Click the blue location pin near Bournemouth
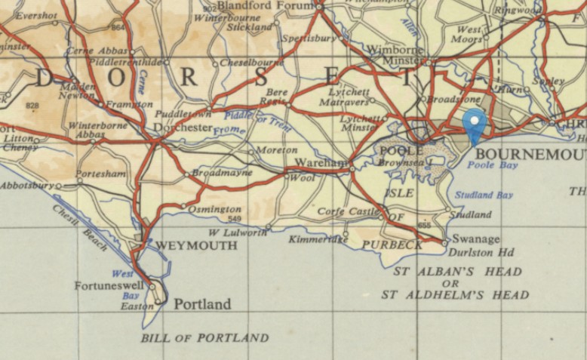[474, 123]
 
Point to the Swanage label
[475, 239]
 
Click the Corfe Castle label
[348, 212]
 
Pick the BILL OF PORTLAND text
[204, 337]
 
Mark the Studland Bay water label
[484, 195]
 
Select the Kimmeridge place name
[318, 240]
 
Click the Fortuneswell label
[111, 286]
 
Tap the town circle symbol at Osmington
[183, 205]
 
